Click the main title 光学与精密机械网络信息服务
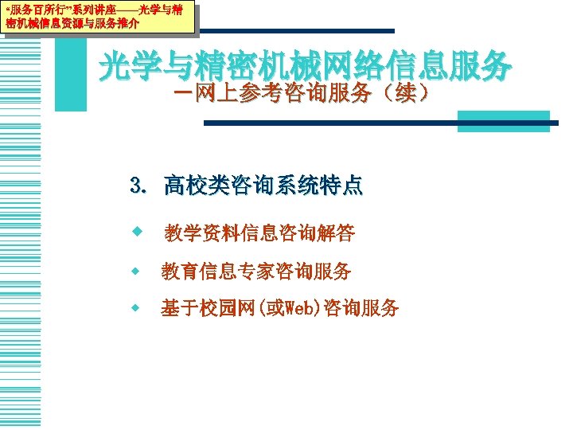305,67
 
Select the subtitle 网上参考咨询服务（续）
302,94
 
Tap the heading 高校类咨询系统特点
263,187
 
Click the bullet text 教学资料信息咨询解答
260,233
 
